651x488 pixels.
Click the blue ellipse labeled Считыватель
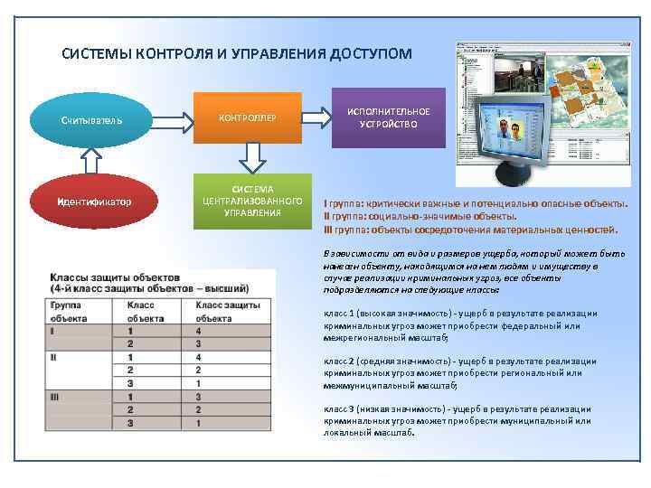pos(92,119)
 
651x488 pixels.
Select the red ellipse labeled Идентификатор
pos(92,201)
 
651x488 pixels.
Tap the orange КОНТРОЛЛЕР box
pos(248,117)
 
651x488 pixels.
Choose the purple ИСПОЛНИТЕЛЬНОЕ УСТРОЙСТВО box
pos(389,117)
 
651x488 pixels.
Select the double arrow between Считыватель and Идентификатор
pos(90,160)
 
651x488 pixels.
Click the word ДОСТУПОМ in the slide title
pos(370,54)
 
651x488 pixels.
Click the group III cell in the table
pos(56,396)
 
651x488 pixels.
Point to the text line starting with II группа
pos(420,217)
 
